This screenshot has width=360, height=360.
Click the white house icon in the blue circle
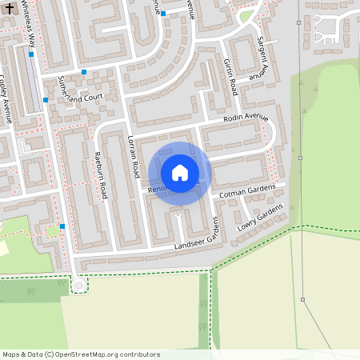pyautogui.click(x=180, y=172)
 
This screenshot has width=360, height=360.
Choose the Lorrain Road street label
pyautogui.click(x=133, y=157)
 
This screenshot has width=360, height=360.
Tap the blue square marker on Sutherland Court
pyautogui.click(x=84, y=72)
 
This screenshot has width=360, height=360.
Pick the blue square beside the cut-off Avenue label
pyautogui.click(x=163, y=14)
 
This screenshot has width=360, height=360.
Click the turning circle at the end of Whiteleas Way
pyautogui.click(x=78, y=285)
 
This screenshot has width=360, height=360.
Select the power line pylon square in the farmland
pyautogui.click(x=303, y=300)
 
